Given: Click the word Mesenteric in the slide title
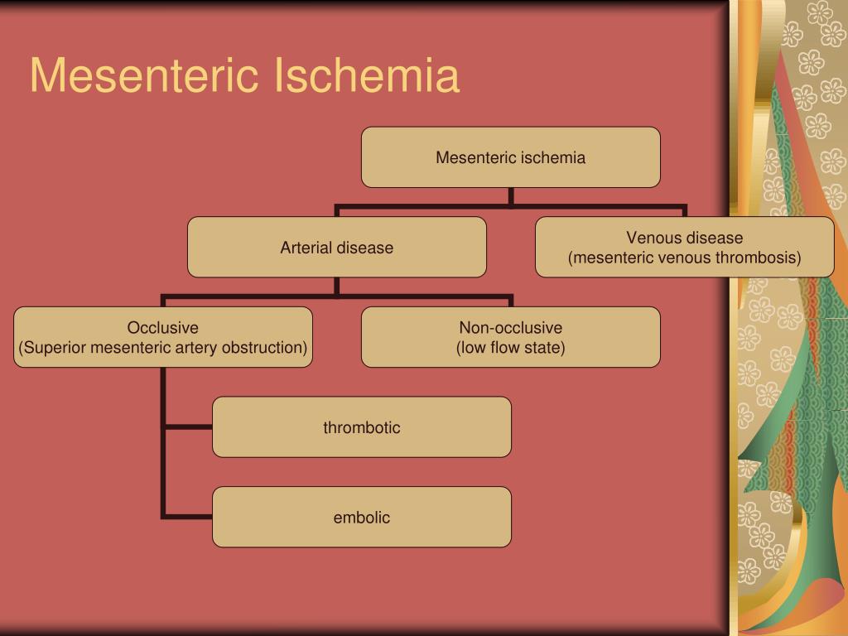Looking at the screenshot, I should (142, 76).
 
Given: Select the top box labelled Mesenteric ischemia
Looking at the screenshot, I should (510, 157).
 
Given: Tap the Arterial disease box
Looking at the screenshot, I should (336, 248).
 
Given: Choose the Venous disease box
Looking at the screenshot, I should (684, 248).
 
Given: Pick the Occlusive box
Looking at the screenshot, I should (162, 337).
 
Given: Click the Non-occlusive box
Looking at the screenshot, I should (510, 337).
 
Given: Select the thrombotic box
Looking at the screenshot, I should (361, 427).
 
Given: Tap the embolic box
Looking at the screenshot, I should (361, 518).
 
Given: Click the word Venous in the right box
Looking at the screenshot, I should (652, 238).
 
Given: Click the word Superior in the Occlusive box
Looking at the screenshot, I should (55, 347).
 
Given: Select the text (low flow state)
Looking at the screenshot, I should (510, 347).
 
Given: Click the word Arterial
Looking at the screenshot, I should (306, 248).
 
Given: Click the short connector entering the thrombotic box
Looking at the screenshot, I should (188, 427).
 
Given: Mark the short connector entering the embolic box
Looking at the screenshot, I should (188, 517).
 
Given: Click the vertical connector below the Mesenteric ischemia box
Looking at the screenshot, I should (511, 195).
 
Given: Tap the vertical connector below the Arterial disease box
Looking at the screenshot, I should (336, 286).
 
